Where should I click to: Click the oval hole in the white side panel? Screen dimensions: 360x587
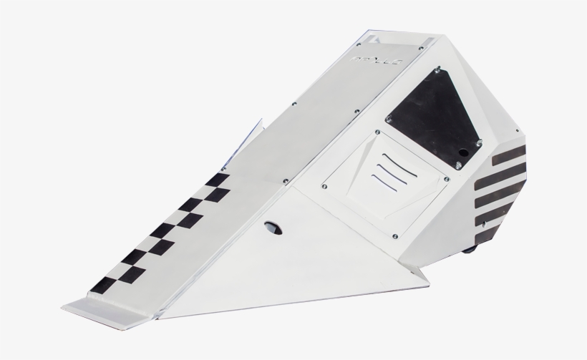click(x=272, y=227)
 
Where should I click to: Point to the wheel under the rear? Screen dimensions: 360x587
click(x=469, y=250)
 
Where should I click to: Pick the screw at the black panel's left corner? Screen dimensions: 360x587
click(x=387, y=117)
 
